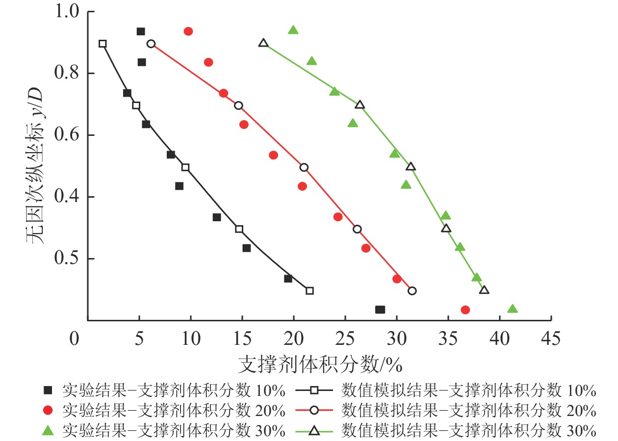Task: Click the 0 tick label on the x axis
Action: click(74, 339)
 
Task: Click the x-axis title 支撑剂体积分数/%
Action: click(320, 364)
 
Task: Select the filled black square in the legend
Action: click(48, 390)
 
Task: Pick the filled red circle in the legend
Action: click(48, 411)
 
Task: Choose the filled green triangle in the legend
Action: click(48, 430)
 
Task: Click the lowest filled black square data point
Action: click(380, 310)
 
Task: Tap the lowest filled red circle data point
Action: click(465, 310)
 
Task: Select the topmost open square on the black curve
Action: click(103, 44)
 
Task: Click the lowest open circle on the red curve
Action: click(412, 290)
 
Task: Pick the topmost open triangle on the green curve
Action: click(263, 43)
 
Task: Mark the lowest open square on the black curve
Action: click(309, 290)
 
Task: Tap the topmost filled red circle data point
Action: click(188, 31)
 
